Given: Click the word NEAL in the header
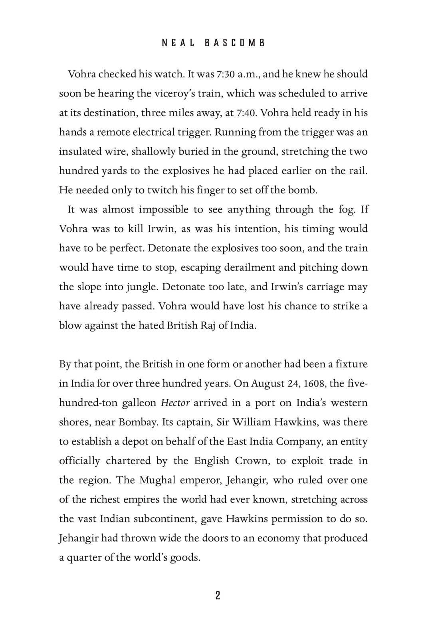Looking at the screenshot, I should coord(178,43).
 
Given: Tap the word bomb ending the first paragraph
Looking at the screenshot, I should coord(305,190).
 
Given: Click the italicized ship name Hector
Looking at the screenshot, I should coord(175,403).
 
